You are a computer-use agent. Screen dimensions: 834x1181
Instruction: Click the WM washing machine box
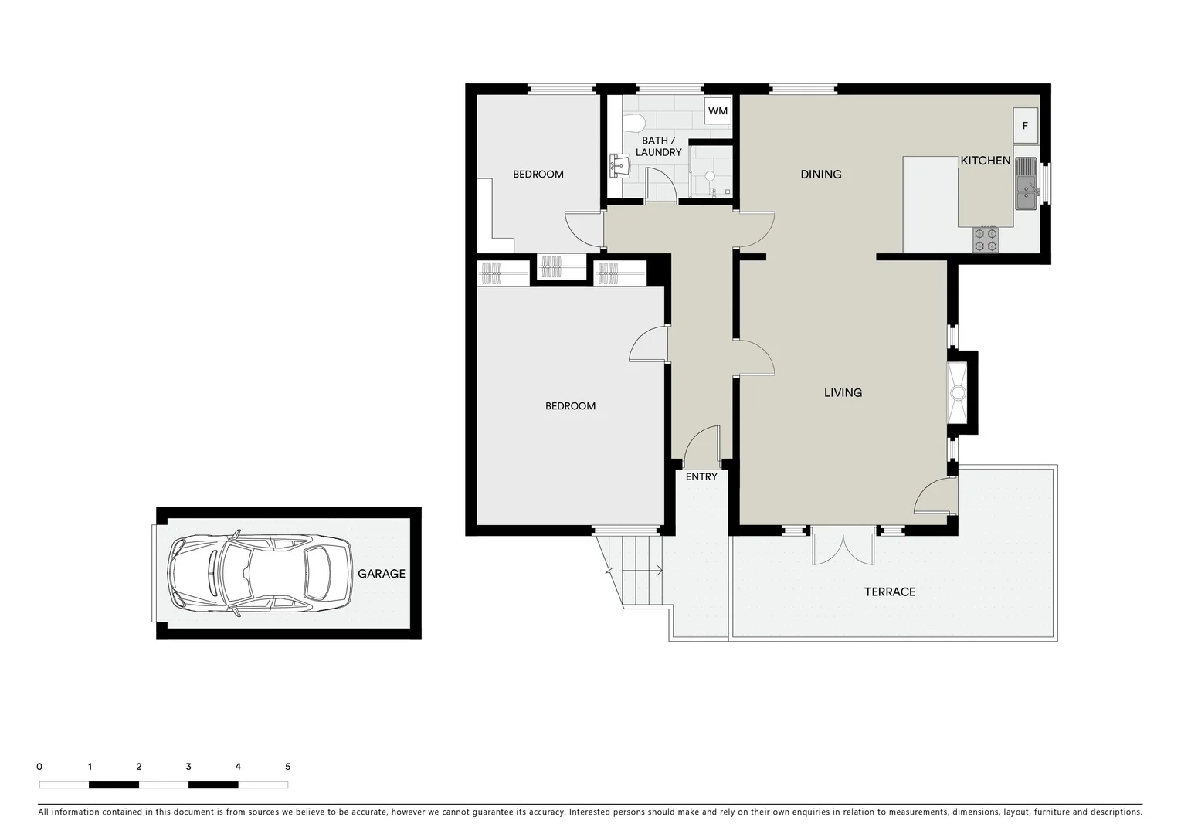(718, 110)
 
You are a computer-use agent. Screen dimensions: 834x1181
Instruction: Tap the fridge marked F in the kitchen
(1025, 126)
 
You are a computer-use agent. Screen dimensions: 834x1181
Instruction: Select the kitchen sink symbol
(1026, 184)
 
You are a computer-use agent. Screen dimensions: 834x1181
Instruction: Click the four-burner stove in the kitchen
(986, 239)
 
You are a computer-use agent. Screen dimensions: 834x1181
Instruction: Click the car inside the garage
(260, 574)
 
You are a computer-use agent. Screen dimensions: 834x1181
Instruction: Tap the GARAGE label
(381, 574)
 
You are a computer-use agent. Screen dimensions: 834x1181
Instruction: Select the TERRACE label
(889, 592)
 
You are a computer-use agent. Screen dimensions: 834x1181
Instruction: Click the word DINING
(820, 175)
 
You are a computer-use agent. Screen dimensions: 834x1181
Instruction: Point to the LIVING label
(843, 392)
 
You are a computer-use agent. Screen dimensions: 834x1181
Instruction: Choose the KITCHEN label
(985, 161)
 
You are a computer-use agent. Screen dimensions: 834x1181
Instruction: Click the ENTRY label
(701, 476)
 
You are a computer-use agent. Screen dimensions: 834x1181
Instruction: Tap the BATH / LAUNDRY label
(658, 147)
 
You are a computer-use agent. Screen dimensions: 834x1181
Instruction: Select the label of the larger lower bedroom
(570, 406)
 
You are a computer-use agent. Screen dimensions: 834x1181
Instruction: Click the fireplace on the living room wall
(959, 392)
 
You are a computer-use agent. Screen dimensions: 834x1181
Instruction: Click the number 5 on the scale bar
(287, 767)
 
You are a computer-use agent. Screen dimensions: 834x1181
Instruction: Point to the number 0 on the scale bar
(39, 767)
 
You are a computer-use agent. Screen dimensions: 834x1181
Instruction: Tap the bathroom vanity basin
(618, 164)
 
